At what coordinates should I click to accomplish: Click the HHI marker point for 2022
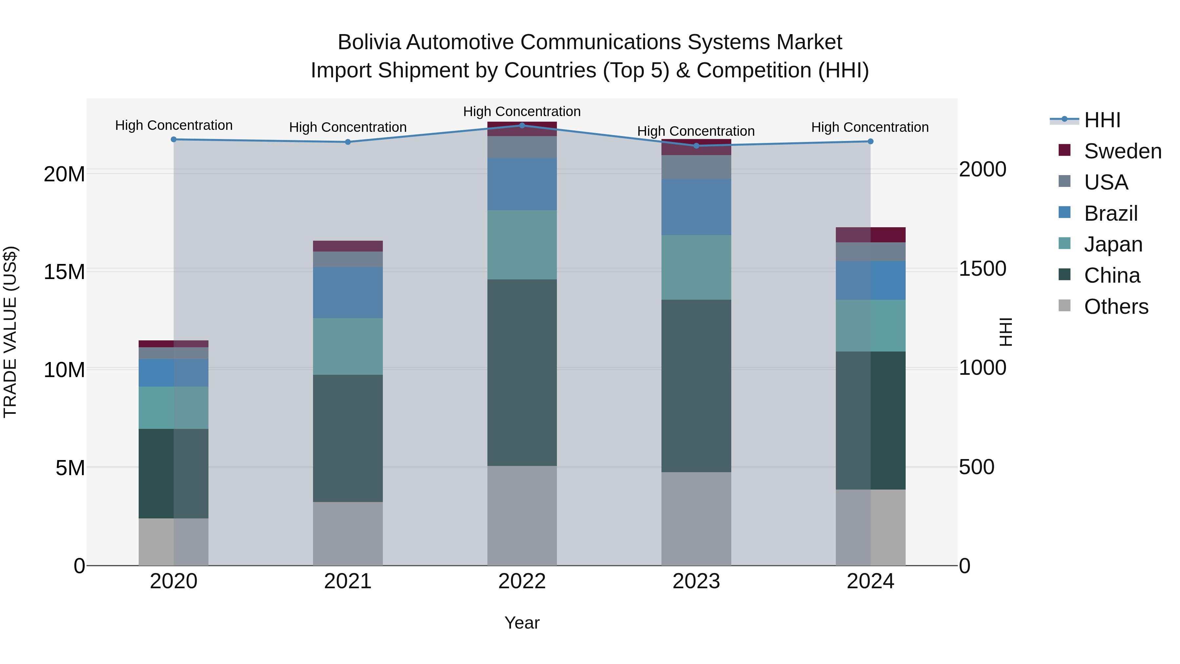(x=522, y=125)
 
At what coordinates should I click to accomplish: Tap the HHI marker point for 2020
(x=174, y=139)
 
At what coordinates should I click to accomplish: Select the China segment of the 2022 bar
(x=522, y=372)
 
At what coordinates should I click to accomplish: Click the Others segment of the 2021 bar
(x=348, y=533)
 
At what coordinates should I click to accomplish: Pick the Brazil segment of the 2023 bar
(x=696, y=207)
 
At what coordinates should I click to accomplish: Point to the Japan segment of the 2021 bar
(x=348, y=347)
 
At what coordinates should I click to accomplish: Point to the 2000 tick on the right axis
(x=983, y=169)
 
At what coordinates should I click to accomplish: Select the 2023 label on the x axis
(x=696, y=581)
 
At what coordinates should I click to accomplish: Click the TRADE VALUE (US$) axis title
(x=10, y=332)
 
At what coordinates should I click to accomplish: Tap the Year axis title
(x=522, y=623)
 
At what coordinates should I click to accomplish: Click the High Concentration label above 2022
(x=522, y=111)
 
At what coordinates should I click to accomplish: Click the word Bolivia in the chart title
(x=369, y=42)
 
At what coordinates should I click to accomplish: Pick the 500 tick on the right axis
(x=977, y=467)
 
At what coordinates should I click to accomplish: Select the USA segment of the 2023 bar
(x=696, y=167)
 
